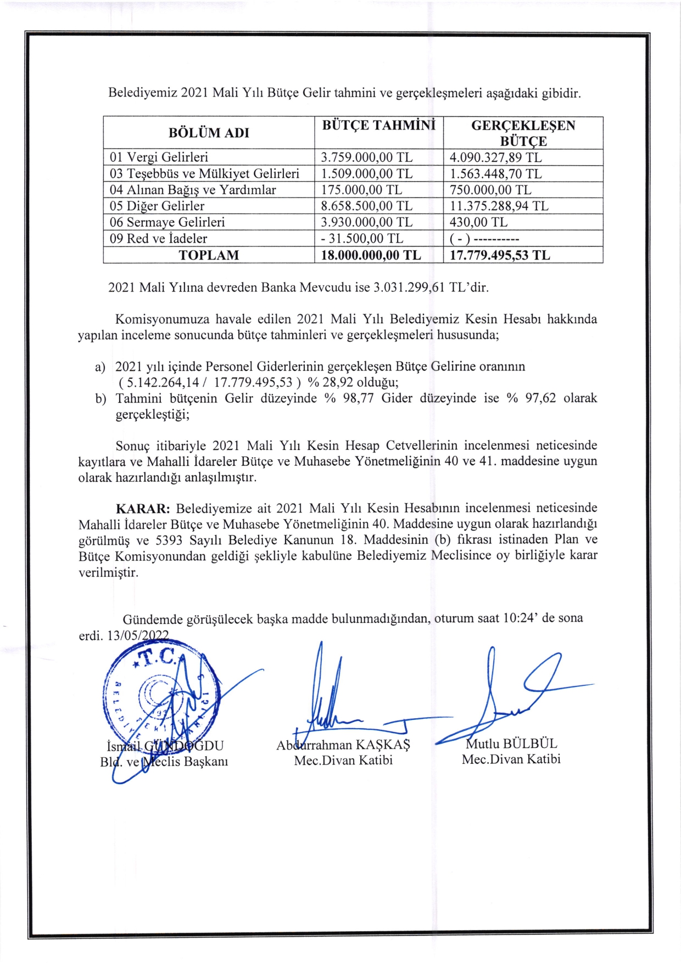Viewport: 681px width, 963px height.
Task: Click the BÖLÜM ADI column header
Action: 209,133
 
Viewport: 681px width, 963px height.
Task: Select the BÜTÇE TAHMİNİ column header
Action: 378,125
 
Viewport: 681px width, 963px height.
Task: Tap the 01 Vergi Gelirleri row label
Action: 159,157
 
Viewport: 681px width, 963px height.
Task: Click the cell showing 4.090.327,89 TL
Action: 495,157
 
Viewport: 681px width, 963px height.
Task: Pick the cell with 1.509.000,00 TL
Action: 366,174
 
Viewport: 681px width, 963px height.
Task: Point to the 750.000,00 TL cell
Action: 490,190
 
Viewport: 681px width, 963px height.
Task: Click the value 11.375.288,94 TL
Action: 499,206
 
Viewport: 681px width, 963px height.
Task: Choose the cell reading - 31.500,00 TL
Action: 362,239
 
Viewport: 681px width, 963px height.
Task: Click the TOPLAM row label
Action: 209,255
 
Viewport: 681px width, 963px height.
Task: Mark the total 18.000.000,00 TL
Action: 371,255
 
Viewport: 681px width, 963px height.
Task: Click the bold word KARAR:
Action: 143,508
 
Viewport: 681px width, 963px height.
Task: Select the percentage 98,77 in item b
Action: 358,398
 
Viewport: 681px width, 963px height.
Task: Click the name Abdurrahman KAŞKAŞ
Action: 343,745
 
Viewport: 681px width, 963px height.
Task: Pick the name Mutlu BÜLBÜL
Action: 511,744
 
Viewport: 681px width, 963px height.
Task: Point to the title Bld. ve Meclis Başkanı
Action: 164,762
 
